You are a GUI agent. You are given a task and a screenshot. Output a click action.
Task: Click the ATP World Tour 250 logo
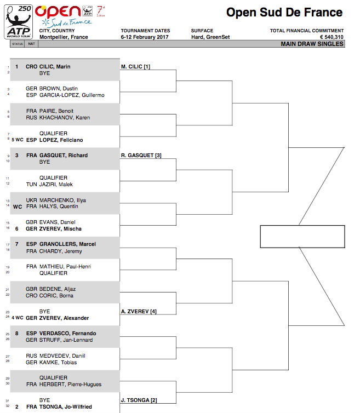(x=19, y=22)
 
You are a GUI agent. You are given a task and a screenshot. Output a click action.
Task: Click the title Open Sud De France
(x=284, y=13)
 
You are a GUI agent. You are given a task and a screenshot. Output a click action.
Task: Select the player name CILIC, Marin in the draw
(x=55, y=67)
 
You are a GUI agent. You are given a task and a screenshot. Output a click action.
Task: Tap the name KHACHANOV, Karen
(x=65, y=117)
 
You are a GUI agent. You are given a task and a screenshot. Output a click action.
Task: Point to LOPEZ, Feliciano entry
(x=61, y=140)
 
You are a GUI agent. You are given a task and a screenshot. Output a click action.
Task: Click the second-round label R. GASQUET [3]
(x=141, y=156)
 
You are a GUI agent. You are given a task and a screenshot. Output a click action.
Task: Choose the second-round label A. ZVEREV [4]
(x=139, y=311)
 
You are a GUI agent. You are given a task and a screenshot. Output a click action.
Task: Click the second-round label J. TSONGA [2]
(x=139, y=400)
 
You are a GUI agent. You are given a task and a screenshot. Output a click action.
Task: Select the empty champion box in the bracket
(x=302, y=237)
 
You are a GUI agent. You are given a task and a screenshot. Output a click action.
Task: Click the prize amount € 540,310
(x=332, y=37)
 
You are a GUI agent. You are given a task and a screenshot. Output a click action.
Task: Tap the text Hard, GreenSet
(x=210, y=37)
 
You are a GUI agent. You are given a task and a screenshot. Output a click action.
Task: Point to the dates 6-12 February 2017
(x=145, y=37)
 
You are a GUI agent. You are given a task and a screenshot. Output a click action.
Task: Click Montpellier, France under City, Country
(x=64, y=37)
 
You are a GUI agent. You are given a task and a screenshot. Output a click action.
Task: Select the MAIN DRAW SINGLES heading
(x=312, y=44)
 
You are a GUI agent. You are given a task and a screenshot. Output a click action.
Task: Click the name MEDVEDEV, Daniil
(x=62, y=356)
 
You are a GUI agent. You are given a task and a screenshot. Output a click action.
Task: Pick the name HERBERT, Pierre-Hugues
(x=70, y=385)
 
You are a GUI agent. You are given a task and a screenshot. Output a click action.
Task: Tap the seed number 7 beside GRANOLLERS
(x=17, y=244)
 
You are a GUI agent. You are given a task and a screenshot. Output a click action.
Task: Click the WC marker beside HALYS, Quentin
(x=18, y=207)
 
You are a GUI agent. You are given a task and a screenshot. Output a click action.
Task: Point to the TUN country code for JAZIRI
(x=31, y=185)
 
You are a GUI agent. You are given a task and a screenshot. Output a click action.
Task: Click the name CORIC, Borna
(x=56, y=296)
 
